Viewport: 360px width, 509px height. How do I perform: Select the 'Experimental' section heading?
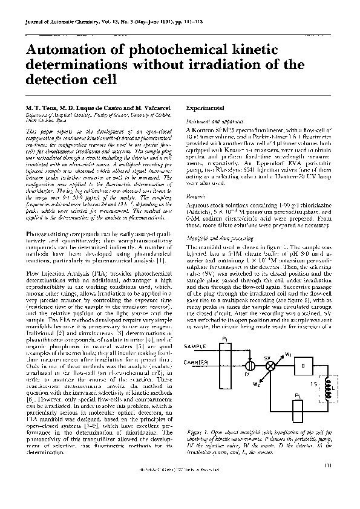(x=206, y=107)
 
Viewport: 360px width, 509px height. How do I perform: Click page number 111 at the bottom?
(x=327, y=481)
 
